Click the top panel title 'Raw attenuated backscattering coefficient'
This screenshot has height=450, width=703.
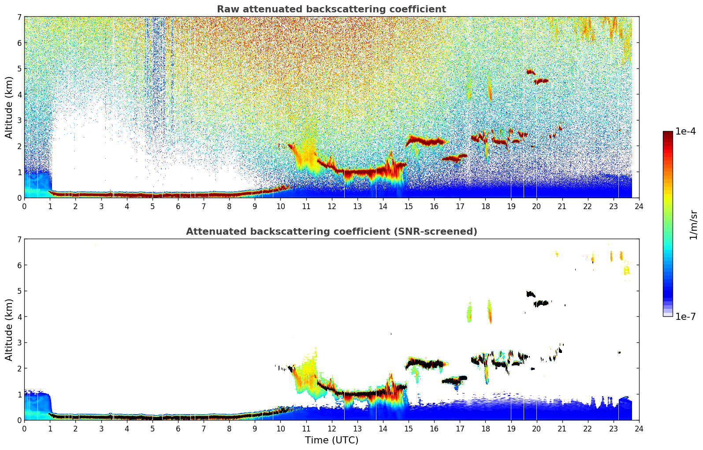point(331,9)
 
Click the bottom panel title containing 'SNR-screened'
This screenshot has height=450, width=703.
point(331,232)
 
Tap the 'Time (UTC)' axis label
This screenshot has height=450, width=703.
point(331,440)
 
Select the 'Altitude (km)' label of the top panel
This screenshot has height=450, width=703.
point(9,107)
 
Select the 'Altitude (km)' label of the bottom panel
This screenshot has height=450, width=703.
point(9,330)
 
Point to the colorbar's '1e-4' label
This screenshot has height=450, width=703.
point(685,131)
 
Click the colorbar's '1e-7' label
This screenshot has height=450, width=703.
point(685,316)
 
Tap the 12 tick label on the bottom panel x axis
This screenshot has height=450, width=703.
point(331,428)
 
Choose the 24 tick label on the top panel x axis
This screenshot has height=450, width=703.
point(639,206)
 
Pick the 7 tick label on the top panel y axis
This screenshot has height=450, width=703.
point(19,17)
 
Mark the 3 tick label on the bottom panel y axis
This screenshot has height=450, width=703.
point(19,342)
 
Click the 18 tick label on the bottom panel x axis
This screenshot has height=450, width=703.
point(485,428)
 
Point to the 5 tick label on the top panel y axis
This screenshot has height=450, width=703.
point(19,69)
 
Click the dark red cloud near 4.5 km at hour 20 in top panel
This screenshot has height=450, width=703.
point(541,81)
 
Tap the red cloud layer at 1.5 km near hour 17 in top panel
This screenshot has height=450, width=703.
point(454,157)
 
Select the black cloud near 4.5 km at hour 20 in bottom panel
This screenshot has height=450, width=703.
point(541,303)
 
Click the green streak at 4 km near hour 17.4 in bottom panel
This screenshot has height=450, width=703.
point(469,313)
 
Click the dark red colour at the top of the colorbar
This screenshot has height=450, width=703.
point(668,134)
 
